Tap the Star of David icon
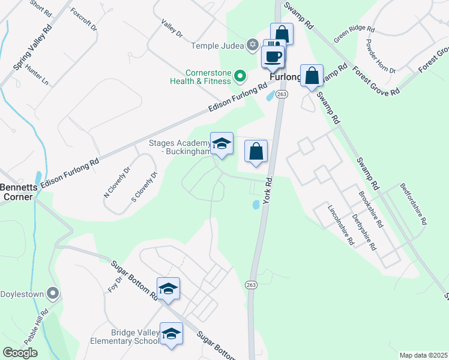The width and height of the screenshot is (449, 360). (253, 46)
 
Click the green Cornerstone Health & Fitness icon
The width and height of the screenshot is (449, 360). (240, 76)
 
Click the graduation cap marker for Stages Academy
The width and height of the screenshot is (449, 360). (221, 144)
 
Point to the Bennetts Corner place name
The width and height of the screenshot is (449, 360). (18, 191)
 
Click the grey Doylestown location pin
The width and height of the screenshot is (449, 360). (53, 293)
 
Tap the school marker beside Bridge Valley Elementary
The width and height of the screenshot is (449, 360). (171, 334)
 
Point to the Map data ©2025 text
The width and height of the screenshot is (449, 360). (423, 355)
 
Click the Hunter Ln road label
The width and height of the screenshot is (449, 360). (37, 74)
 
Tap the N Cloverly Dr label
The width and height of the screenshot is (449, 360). (118, 182)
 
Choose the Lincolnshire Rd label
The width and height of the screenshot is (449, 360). (340, 225)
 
